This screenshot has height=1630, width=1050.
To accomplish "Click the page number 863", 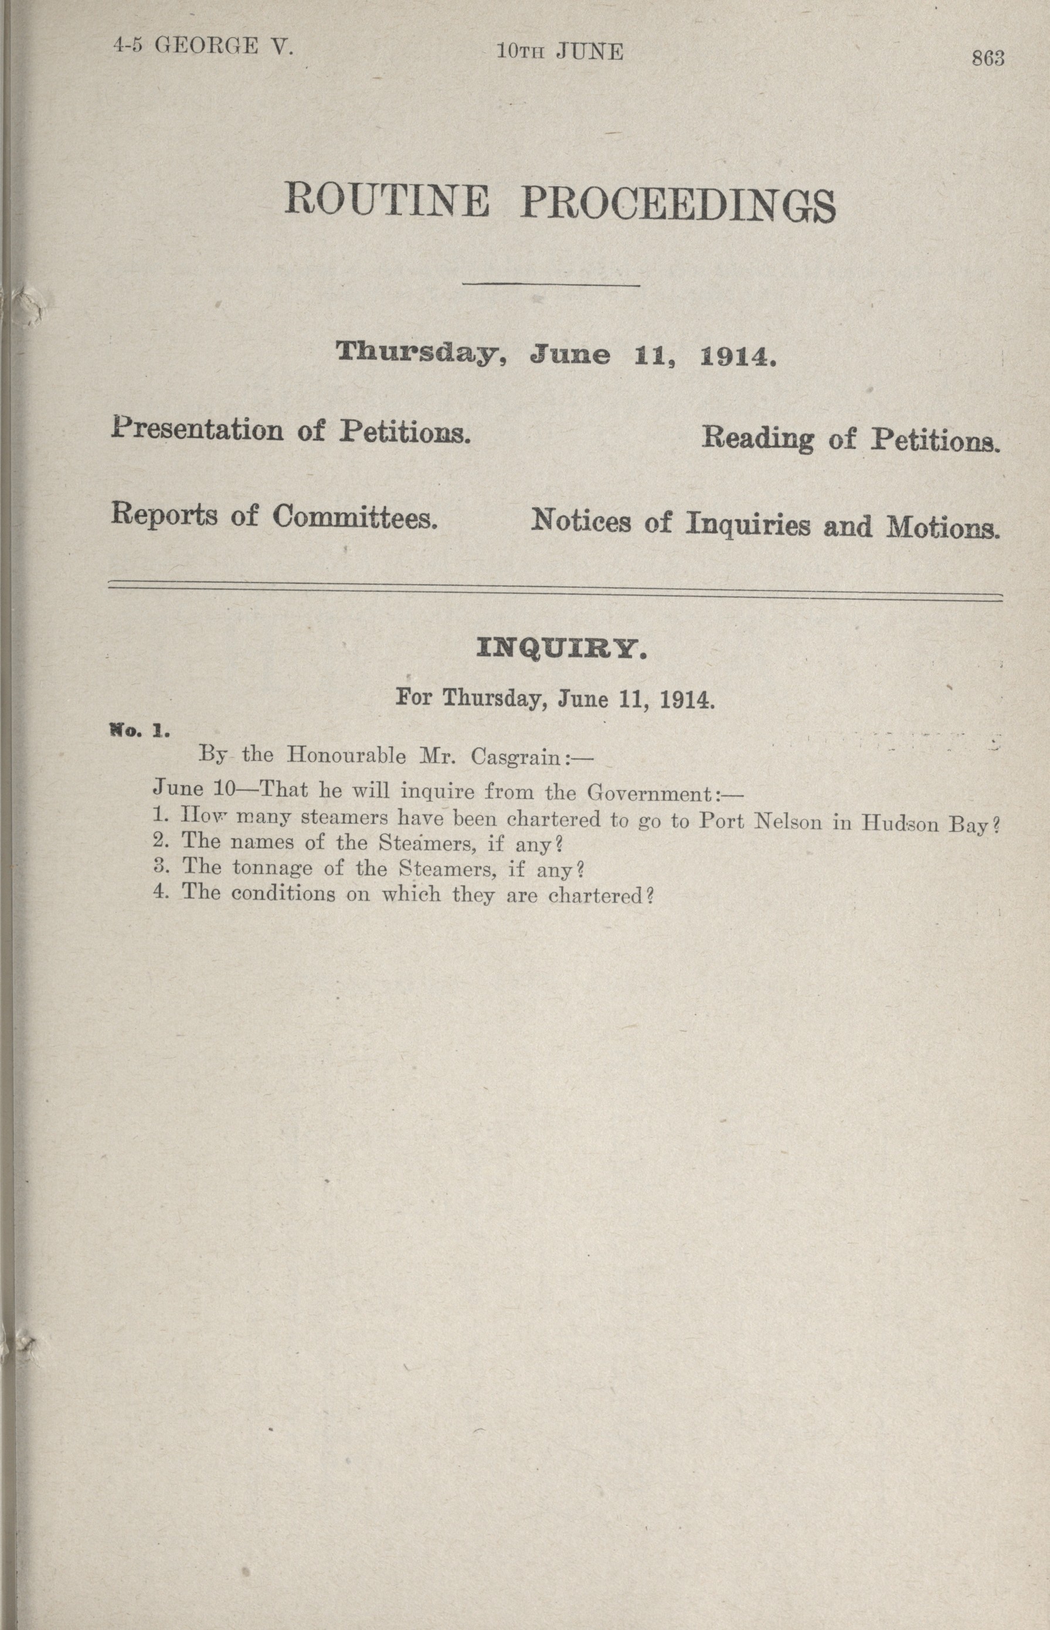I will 988,59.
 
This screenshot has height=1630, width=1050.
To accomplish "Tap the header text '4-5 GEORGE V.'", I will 203,47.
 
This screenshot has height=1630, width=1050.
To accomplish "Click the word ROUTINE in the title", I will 386,201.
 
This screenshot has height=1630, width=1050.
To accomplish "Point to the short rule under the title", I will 551,285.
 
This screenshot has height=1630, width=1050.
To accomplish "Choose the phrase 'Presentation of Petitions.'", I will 291,431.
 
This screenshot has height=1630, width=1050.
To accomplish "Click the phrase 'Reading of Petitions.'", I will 851,439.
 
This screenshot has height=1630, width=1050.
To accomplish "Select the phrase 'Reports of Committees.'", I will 273,516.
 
